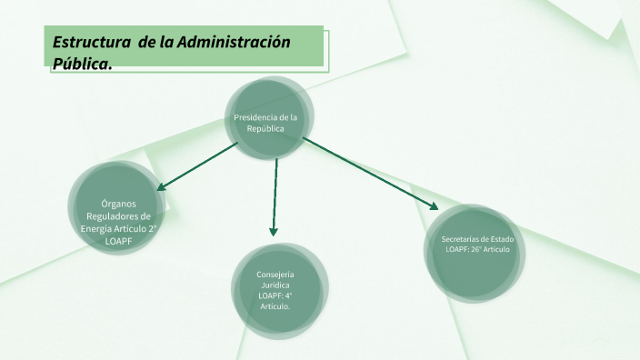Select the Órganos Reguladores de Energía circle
tap(115, 210)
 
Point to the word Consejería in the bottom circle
tap(275, 274)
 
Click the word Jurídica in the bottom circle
tap(275, 285)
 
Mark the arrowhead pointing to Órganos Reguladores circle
tap(162, 188)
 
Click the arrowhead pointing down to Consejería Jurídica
tap(274, 231)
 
